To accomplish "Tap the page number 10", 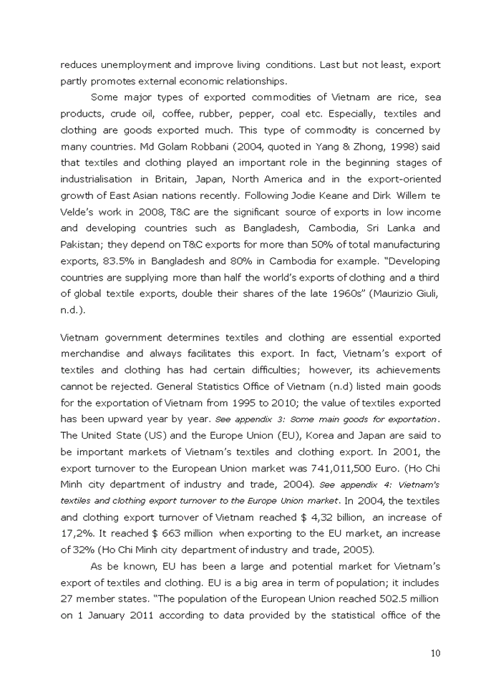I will [x=435, y=653].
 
